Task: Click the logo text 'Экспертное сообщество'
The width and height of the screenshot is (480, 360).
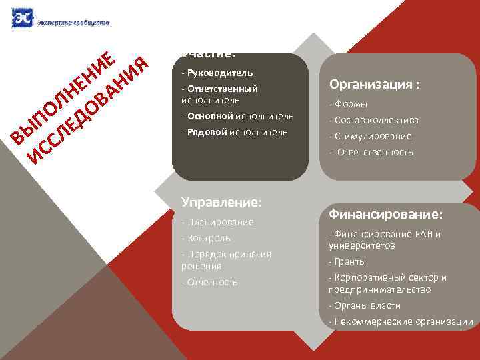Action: [73, 22]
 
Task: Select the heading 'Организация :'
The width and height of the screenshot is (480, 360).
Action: [375, 85]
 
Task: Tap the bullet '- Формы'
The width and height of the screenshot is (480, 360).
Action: [348, 105]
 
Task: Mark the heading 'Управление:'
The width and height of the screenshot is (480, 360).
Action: [222, 201]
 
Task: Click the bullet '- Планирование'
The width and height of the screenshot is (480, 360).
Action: [217, 222]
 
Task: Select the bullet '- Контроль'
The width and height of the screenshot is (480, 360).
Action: [206, 238]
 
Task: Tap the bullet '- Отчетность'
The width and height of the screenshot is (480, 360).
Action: [209, 282]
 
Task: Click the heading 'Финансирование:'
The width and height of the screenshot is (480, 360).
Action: [386, 215]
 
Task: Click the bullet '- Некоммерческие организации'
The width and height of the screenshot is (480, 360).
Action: [401, 321]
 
